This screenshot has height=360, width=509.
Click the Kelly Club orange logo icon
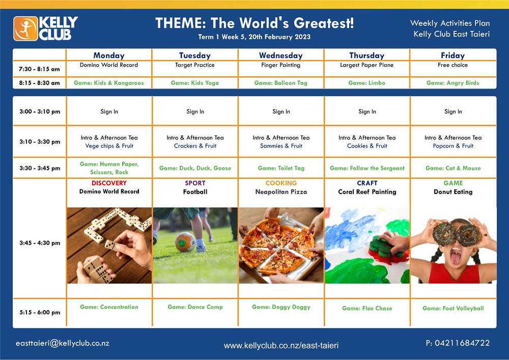click(25, 29)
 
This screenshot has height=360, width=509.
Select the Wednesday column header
click(281, 56)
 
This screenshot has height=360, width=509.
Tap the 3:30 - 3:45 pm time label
click(40, 168)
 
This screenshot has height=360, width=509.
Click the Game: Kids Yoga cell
click(195, 83)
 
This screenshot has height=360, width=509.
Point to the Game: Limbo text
click(367, 83)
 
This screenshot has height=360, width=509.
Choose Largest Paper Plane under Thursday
click(367, 65)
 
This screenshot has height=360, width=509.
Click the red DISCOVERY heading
click(109, 183)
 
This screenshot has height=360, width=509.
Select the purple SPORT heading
click(195, 183)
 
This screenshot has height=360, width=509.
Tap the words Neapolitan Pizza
click(281, 192)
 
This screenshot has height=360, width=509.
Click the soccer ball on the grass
click(185, 242)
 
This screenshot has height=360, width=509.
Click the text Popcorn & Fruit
click(453, 146)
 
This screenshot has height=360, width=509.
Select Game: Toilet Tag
click(281, 168)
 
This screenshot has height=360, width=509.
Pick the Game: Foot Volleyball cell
click(453, 309)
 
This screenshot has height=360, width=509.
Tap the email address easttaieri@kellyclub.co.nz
click(62, 343)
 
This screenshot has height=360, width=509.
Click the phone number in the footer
click(458, 343)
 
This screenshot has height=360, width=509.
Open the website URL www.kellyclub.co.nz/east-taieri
click(281, 346)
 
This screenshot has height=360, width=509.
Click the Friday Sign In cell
click(453, 112)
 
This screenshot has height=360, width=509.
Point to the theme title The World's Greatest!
click(282, 23)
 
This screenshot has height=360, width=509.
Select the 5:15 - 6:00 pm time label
click(40, 312)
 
